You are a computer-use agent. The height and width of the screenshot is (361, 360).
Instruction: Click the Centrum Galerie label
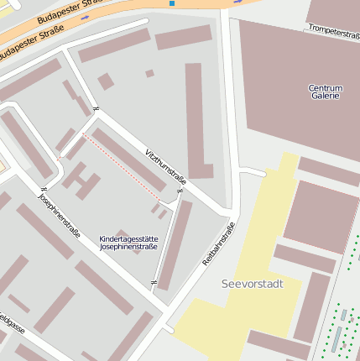click(325, 92)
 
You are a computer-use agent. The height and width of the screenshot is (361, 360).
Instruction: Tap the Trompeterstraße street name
click(333, 32)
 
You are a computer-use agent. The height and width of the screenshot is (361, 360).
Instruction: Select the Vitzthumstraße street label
click(165, 165)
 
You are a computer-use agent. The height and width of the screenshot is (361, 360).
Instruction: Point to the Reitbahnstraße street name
click(219, 243)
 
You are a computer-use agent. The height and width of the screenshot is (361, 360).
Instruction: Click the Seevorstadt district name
click(253, 284)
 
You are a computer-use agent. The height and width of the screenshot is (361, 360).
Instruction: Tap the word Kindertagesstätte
click(128, 239)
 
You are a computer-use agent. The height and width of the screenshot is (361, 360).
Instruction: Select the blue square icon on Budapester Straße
click(172, 3)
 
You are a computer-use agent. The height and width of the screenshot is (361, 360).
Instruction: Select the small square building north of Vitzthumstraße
click(106, 81)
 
